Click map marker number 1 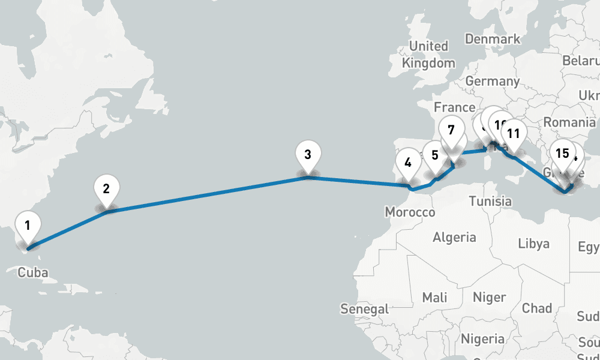(28, 226)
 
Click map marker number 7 (451, 130)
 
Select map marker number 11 (513, 134)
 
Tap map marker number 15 (562, 153)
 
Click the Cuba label (32, 273)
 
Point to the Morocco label (410, 212)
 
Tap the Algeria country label (454, 237)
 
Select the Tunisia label (490, 201)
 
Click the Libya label (533, 244)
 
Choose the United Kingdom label (428, 55)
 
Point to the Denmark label (493, 39)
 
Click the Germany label (492, 81)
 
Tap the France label (454, 107)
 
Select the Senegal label (364, 309)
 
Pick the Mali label (434, 297)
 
